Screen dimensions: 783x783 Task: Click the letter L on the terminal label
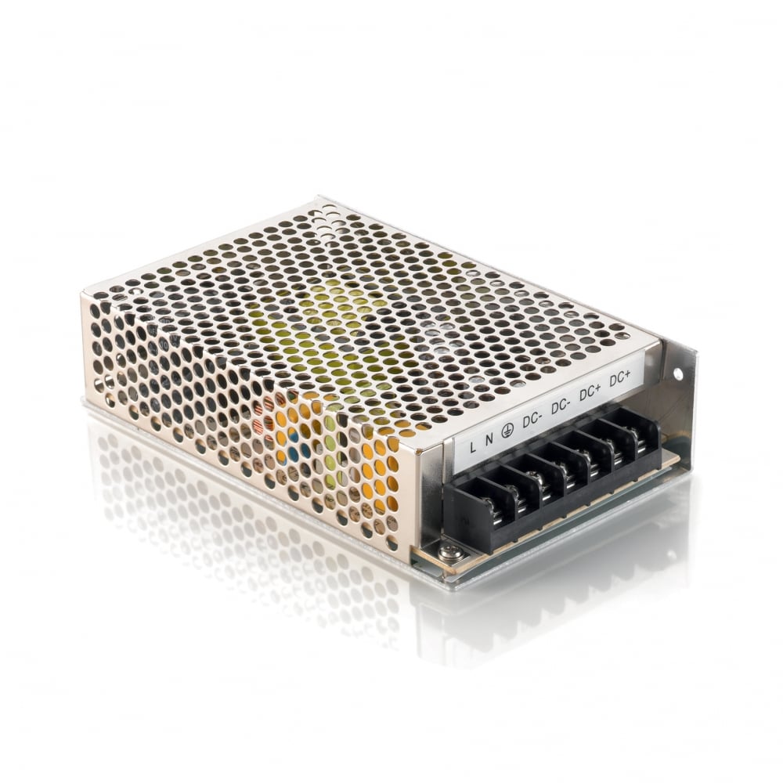coord(473,449)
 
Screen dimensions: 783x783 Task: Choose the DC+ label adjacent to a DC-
coord(590,393)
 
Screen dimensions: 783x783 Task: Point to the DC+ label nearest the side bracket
coord(619,378)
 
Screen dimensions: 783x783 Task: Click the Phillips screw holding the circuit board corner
coord(449,553)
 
